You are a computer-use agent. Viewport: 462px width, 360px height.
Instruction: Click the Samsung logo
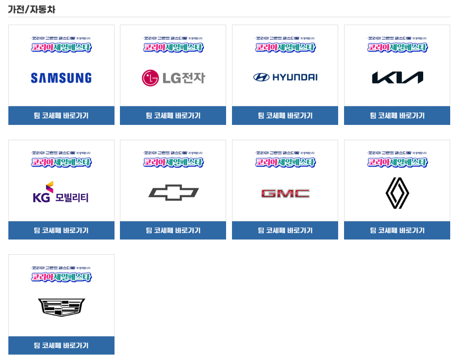coord(61,78)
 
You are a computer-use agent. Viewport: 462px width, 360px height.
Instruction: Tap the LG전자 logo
coord(173,78)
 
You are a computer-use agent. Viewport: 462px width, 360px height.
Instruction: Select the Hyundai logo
coord(285,77)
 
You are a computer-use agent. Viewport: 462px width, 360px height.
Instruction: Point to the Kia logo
coord(397,78)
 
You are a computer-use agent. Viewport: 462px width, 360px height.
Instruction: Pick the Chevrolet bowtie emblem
coord(173,193)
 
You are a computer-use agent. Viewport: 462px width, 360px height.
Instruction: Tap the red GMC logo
coord(285,193)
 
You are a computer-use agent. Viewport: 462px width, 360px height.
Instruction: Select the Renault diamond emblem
coord(397,193)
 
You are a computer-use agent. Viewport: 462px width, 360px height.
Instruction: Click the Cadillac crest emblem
coord(61,307)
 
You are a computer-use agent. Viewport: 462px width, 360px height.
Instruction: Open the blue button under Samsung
coord(61,116)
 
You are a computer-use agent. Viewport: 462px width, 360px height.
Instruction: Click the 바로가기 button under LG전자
coord(173,116)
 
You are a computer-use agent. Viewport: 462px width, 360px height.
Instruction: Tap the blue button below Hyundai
coord(285,116)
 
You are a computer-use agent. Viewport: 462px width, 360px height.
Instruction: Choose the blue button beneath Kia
coord(397,116)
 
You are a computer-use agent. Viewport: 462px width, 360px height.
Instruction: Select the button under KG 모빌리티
coord(61,230)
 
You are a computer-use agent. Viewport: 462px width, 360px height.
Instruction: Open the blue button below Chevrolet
coord(173,230)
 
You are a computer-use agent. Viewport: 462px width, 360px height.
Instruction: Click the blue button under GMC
coord(285,230)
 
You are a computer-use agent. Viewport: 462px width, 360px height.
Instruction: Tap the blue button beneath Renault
coord(397,230)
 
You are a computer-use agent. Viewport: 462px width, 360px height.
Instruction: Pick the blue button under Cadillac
coord(61,345)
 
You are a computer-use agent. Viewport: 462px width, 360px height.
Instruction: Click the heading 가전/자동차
coord(31,9)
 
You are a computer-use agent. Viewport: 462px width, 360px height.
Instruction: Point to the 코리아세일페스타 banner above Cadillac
coord(61,275)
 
